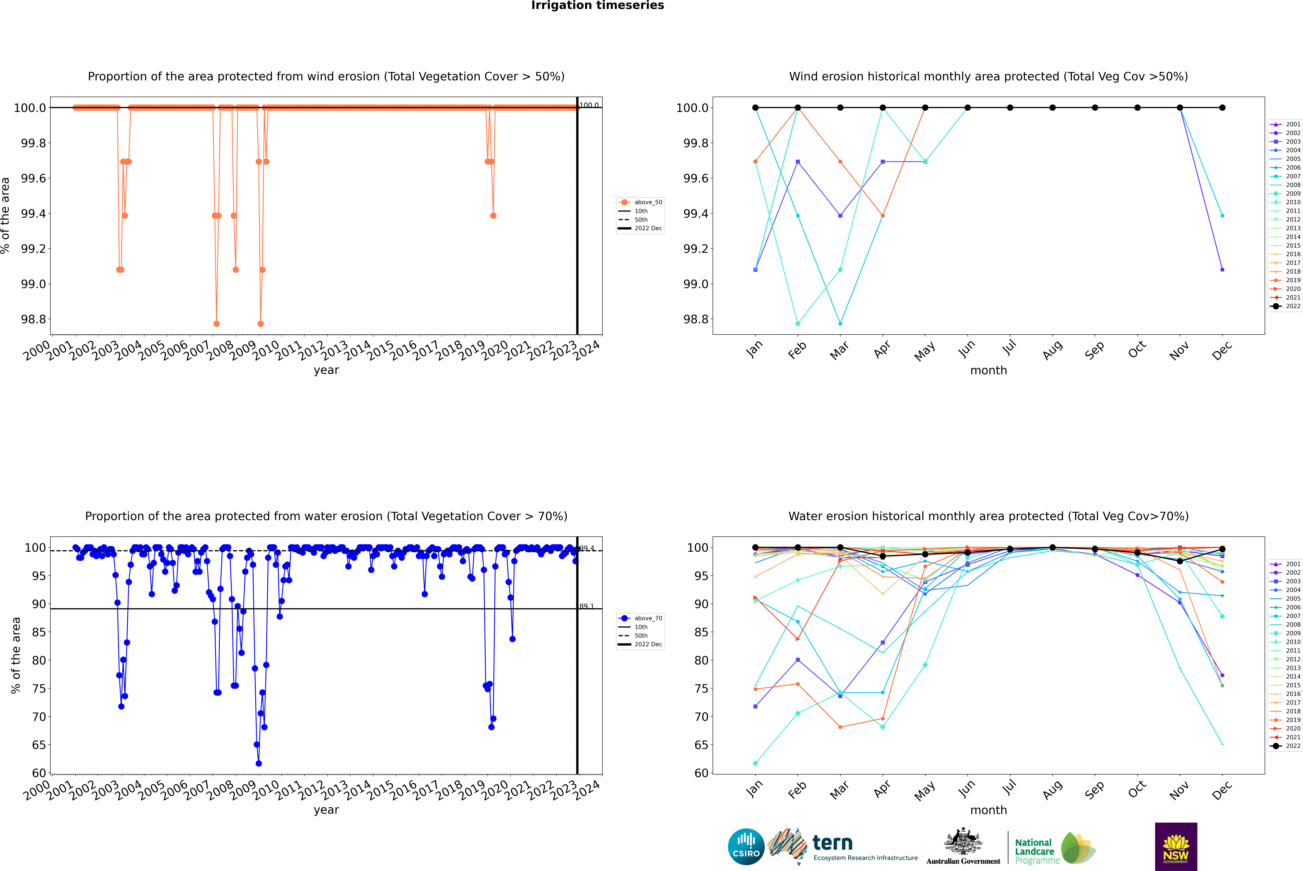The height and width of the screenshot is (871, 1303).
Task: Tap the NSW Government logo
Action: coord(1176,847)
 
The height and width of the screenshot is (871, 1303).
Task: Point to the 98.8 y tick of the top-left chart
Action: coord(33,319)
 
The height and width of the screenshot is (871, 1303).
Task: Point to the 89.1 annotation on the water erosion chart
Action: coord(587,606)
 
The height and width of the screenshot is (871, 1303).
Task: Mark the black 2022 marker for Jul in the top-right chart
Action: coord(1010,108)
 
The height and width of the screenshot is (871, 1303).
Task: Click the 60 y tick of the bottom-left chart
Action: coord(39,773)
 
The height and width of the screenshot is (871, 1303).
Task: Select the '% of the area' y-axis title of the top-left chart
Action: coord(6,215)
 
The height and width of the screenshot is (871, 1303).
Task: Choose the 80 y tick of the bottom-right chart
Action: coord(701,660)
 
